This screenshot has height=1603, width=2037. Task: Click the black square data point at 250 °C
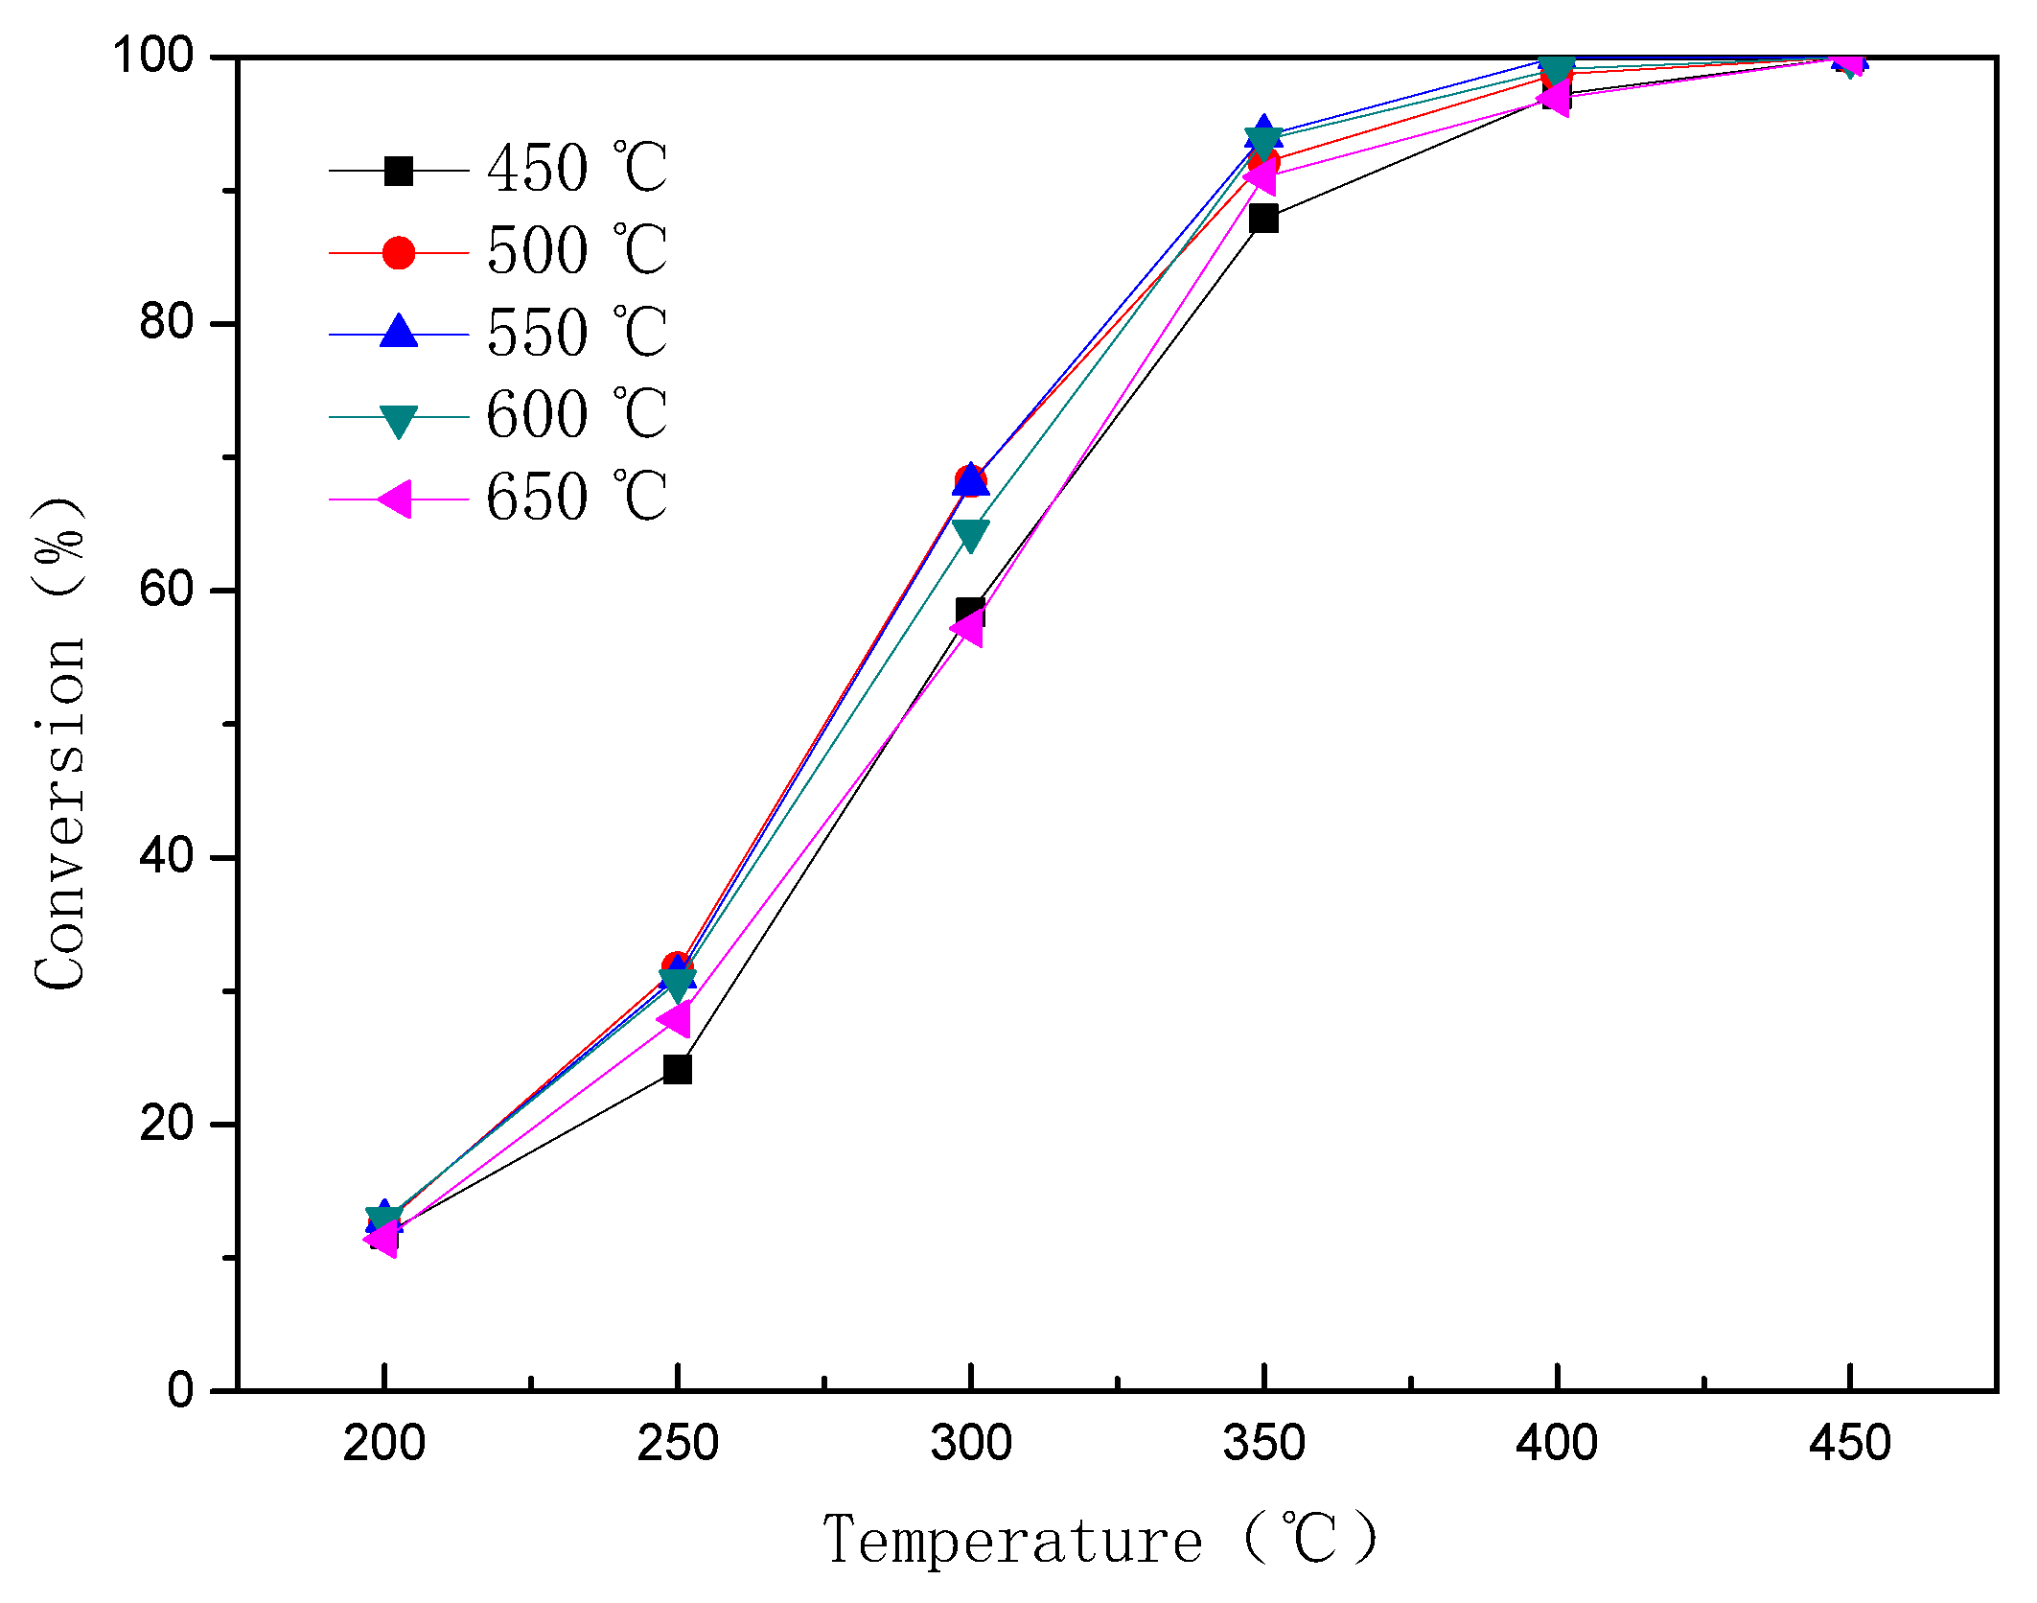(x=677, y=1069)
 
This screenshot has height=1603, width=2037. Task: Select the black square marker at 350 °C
(x=1263, y=219)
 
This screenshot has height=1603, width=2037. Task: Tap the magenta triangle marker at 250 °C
(x=675, y=1018)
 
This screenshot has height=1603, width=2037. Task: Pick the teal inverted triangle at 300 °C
(x=971, y=535)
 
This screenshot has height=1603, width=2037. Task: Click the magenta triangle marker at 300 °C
(x=967, y=628)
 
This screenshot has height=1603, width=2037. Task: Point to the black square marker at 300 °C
(x=970, y=611)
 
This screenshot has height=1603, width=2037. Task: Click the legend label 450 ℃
(x=576, y=170)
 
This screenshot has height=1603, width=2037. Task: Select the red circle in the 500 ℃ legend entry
(x=398, y=253)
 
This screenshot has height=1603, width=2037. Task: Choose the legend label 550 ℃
(x=576, y=334)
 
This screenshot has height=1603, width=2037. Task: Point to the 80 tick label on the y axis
(x=167, y=323)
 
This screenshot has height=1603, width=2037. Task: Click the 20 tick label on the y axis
(x=167, y=1124)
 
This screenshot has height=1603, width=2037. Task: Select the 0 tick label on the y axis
(x=181, y=1390)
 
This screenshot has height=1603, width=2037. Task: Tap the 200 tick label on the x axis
(x=383, y=1444)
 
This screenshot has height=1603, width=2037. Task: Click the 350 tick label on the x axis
(x=1263, y=1444)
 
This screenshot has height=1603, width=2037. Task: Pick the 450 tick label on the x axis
(x=1849, y=1444)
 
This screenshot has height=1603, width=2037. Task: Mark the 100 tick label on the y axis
(x=153, y=57)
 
